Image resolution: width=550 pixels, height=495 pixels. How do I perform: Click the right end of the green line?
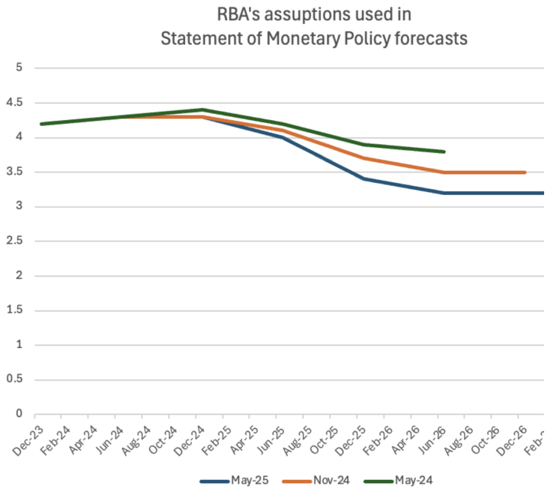(444, 152)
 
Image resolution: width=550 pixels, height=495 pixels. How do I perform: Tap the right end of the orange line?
(525, 173)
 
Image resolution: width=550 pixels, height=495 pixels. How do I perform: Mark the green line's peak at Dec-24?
(202, 110)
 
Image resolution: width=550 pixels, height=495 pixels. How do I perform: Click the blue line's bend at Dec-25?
(364, 179)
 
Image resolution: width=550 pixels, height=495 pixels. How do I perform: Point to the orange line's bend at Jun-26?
(444, 173)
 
